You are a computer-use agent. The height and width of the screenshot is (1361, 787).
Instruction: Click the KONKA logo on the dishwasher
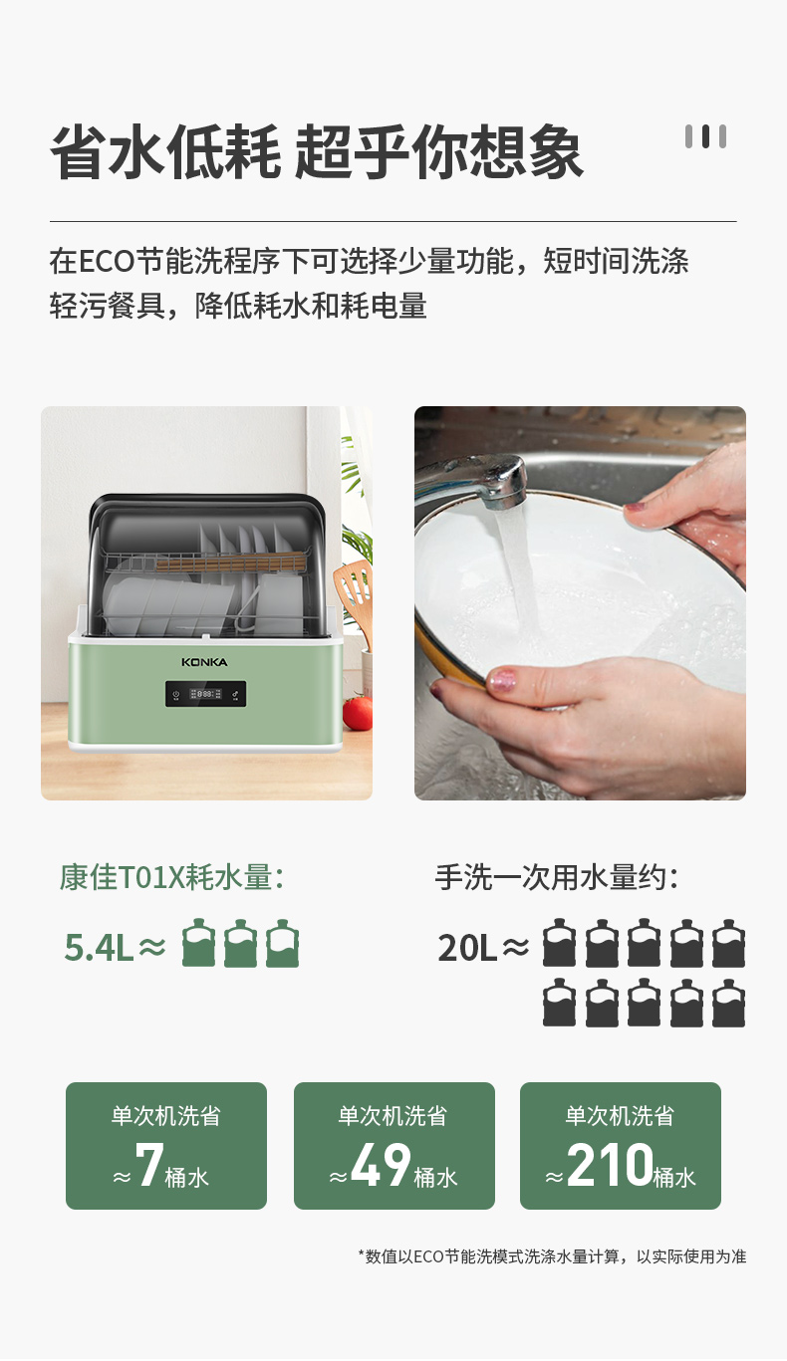click(x=204, y=662)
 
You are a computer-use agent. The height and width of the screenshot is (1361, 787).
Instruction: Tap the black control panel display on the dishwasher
click(x=205, y=693)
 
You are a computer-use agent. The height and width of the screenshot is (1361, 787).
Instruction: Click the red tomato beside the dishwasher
click(x=358, y=713)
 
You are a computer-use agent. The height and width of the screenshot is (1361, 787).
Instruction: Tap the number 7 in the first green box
click(x=149, y=1164)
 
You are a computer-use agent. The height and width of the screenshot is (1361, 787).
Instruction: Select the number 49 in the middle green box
click(x=381, y=1164)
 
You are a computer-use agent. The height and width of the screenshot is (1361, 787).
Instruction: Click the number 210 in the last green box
click(x=610, y=1164)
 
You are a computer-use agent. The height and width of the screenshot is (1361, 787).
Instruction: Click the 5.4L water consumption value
click(x=99, y=947)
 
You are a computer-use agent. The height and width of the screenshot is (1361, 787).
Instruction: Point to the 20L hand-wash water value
click(x=467, y=947)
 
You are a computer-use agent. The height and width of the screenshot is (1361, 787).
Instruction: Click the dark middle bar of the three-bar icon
click(x=705, y=136)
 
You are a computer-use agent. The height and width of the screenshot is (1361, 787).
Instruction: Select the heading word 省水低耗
click(x=164, y=151)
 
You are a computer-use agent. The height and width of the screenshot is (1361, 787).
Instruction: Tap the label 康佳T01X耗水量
click(x=171, y=877)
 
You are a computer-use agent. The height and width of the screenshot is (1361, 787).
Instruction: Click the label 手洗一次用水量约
click(x=556, y=877)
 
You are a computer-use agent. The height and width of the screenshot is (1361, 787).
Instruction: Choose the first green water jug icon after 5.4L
click(x=198, y=943)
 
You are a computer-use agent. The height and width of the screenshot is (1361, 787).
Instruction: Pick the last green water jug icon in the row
click(x=283, y=943)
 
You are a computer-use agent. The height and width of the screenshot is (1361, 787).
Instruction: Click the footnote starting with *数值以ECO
click(x=552, y=1256)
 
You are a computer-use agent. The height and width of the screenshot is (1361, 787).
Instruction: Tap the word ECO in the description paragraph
click(x=107, y=262)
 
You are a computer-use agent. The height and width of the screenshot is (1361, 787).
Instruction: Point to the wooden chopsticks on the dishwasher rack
click(x=231, y=562)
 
